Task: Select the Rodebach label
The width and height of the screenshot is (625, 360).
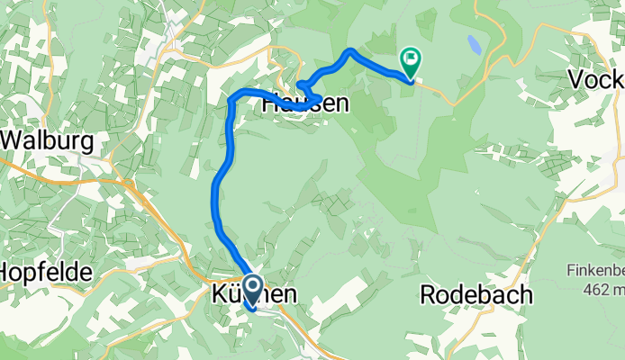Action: (476, 294)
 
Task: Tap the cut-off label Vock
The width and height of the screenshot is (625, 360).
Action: (596, 80)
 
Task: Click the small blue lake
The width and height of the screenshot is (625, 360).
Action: (474, 43)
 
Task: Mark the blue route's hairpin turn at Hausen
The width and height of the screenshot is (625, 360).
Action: (300, 86)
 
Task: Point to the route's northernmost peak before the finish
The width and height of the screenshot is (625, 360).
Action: (349, 51)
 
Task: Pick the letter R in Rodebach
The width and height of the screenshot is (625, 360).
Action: (428, 294)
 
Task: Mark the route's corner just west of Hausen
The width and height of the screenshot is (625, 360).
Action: (233, 95)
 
